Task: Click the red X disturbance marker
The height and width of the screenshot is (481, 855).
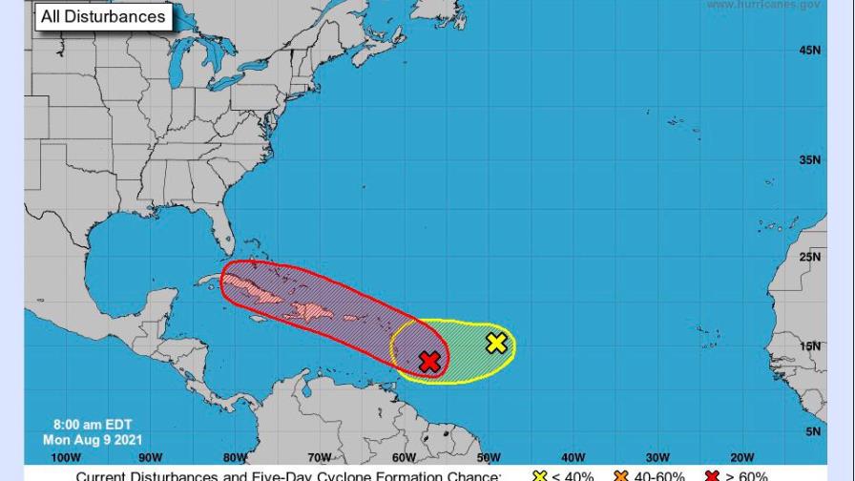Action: (x=429, y=362)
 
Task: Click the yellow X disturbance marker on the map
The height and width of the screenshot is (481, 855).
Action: (x=496, y=343)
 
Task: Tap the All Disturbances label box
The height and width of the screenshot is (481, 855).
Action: (x=103, y=16)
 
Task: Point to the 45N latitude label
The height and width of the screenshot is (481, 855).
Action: (x=809, y=51)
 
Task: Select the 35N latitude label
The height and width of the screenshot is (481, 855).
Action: (x=809, y=160)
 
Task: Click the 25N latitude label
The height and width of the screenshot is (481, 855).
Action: (x=809, y=257)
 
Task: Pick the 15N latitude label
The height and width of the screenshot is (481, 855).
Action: (x=809, y=346)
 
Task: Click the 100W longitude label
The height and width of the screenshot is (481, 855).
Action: (x=66, y=458)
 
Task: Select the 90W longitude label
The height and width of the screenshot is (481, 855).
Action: (x=150, y=458)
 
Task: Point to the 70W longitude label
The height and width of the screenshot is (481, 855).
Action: (x=319, y=458)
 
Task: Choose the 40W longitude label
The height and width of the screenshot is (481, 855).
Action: (x=573, y=458)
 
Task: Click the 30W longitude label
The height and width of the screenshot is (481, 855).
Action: (x=657, y=458)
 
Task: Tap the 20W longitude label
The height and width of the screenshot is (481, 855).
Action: (x=741, y=458)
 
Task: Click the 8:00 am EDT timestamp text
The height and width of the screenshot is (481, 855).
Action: (x=93, y=425)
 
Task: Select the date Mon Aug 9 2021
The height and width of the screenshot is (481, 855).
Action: (x=93, y=440)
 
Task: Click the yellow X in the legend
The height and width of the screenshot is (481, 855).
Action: (x=540, y=475)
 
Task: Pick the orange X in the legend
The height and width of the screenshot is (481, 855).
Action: (x=623, y=475)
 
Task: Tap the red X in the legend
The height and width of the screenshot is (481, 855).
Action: (x=711, y=475)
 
